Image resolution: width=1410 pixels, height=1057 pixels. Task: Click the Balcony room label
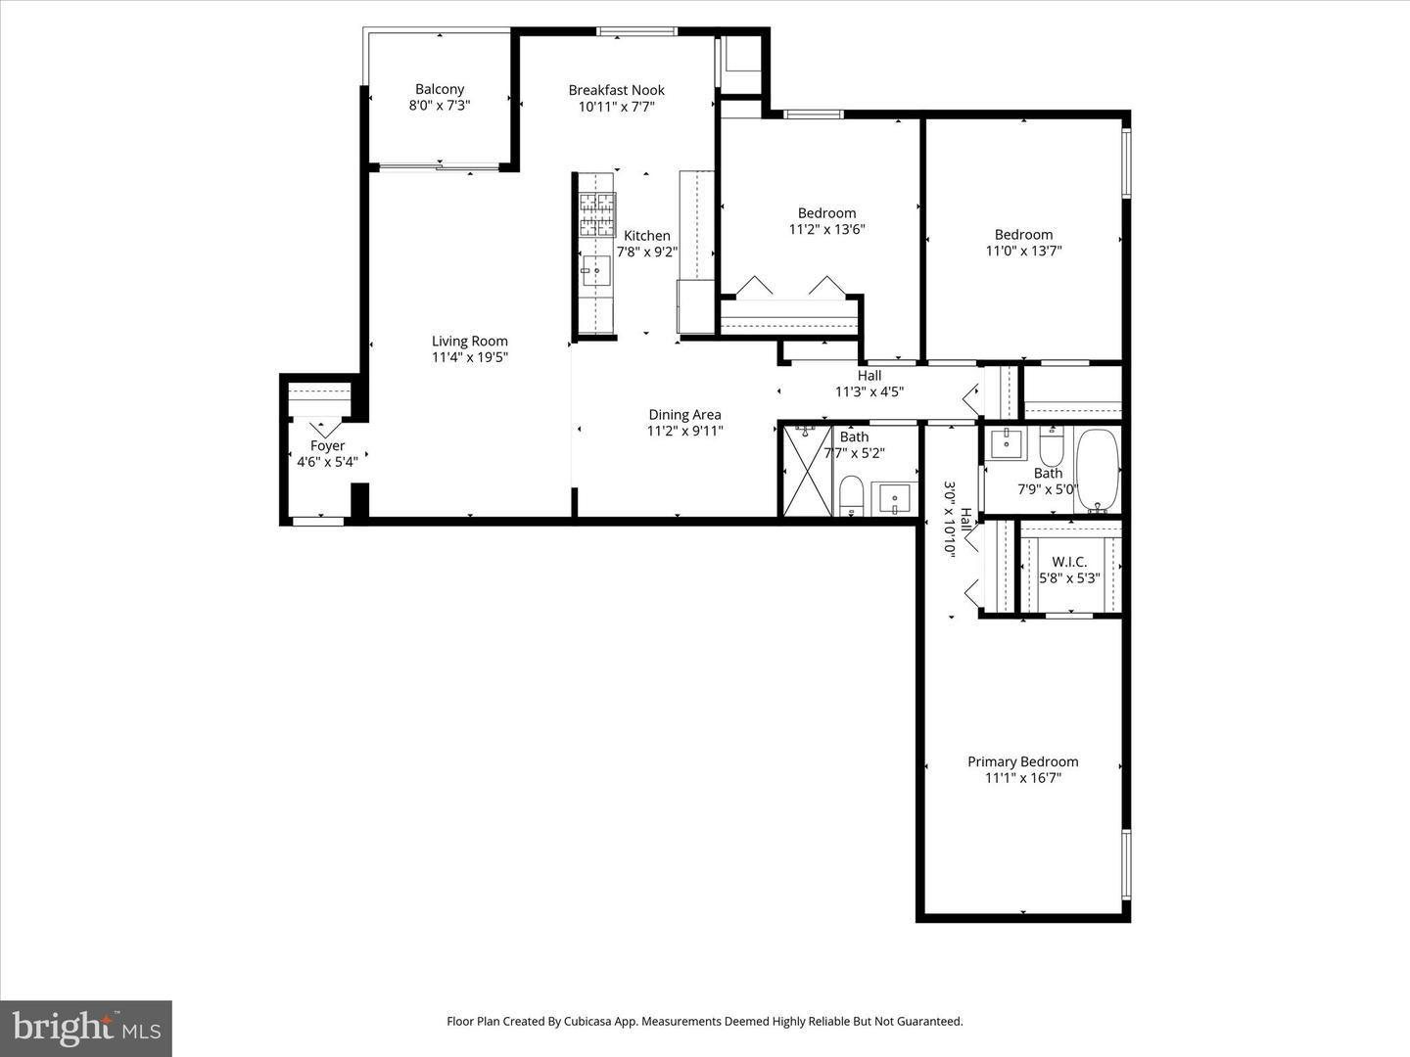(x=440, y=89)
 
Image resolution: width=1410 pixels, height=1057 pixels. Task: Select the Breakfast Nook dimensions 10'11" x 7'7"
(x=616, y=107)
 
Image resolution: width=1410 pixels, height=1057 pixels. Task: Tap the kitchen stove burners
(x=596, y=215)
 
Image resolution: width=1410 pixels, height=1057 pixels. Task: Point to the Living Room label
(x=470, y=342)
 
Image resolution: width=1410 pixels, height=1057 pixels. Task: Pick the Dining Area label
(x=684, y=415)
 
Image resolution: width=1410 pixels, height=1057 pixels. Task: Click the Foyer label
(x=327, y=446)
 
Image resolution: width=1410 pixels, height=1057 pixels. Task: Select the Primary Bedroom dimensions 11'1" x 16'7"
(x=1023, y=778)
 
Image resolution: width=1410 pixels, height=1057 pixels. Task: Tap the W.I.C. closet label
(x=1069, y=562)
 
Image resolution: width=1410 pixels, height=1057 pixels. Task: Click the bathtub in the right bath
(x=1098, y=471)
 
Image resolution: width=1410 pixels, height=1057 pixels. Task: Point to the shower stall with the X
(x=806, y=471)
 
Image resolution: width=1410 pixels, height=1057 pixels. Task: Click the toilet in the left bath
(x=852, y=494)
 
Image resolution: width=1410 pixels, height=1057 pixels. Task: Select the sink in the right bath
(x=1006, y=443)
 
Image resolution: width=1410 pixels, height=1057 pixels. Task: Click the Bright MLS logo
(x=86, y=1028)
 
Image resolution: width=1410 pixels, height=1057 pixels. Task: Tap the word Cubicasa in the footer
(x=592, y=1021)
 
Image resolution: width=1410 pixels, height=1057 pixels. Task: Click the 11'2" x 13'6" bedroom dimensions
(x=826, y=230)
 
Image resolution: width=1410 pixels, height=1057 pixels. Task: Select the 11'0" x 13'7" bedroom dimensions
(x=1023, y=251)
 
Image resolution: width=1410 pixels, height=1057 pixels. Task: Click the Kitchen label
(x=647, y=236)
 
